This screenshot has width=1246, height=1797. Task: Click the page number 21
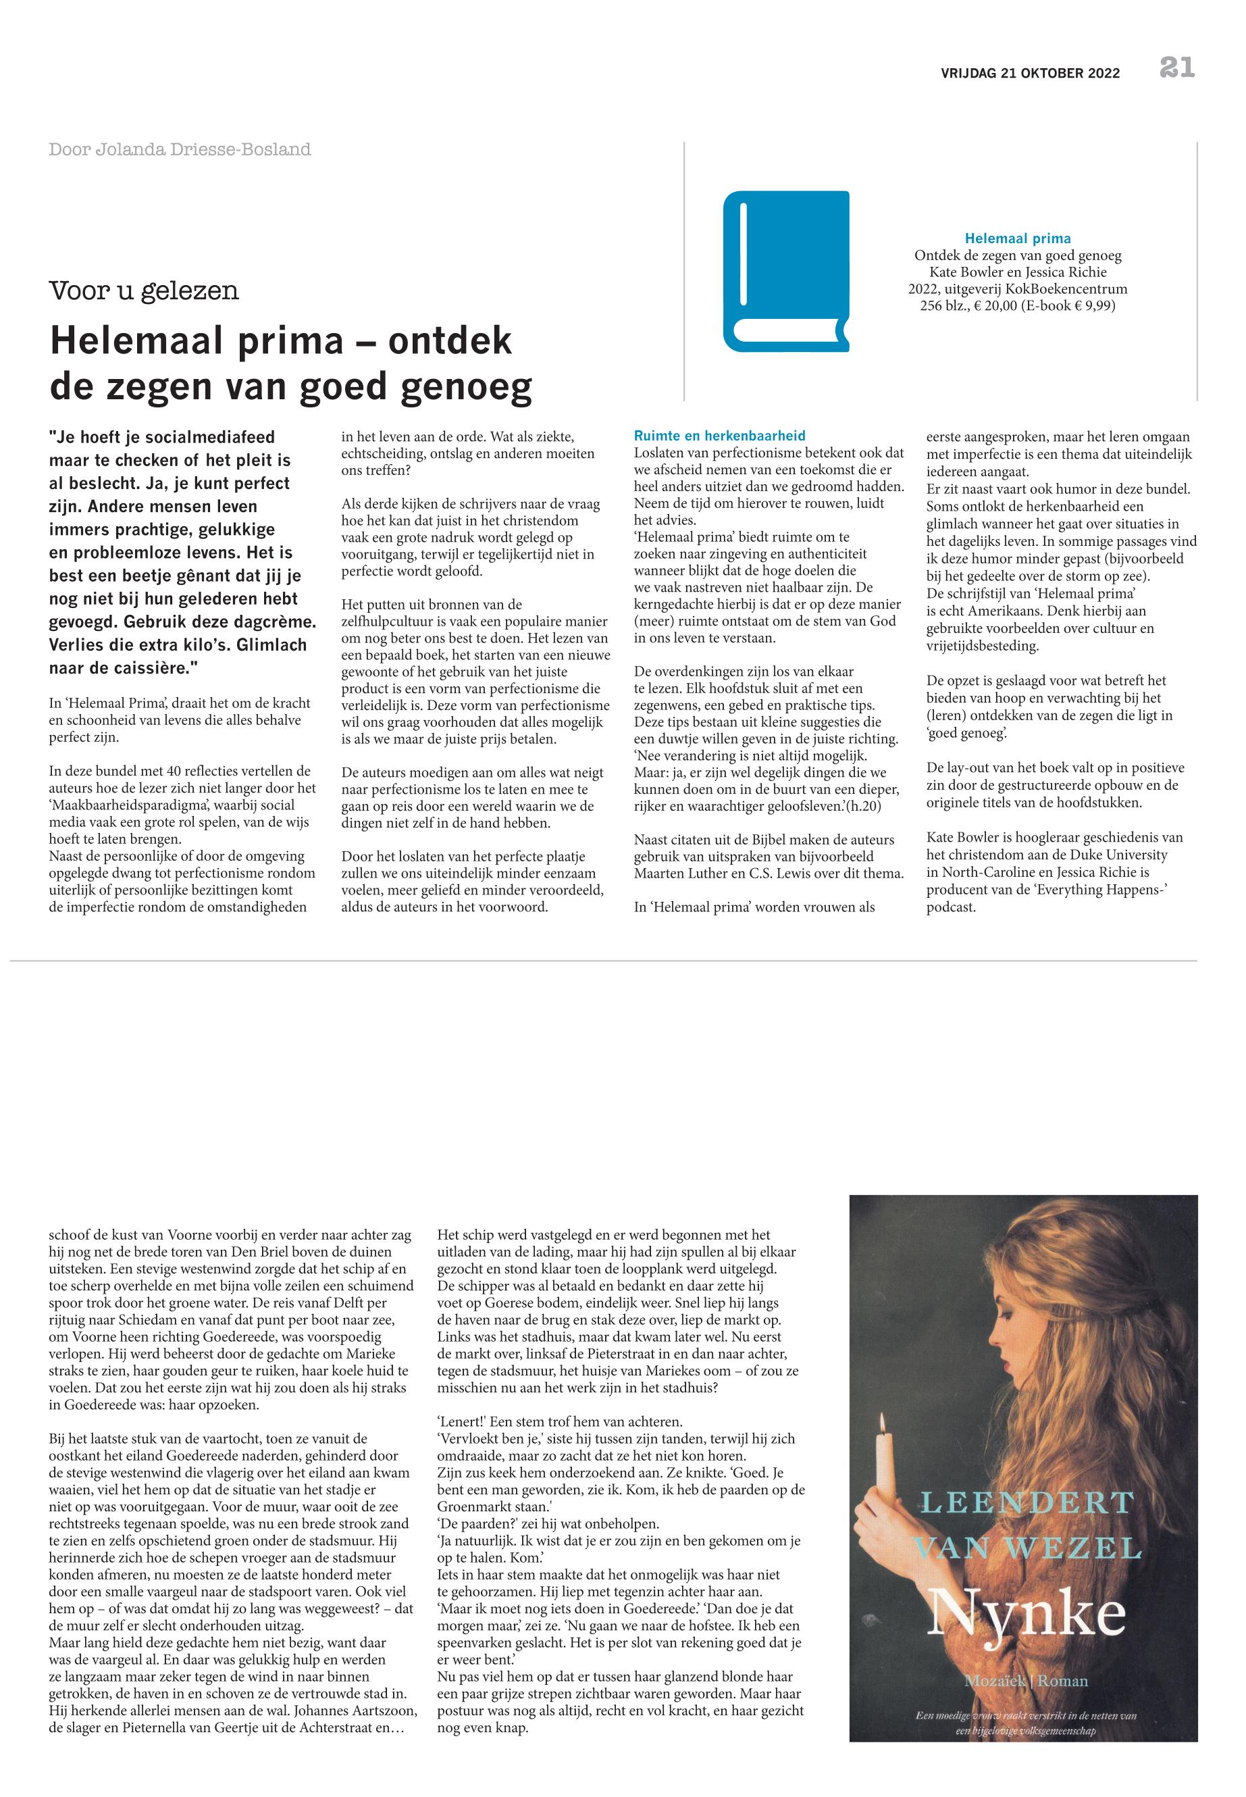coord(1176,68)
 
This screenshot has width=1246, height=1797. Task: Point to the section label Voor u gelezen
coord(144,290)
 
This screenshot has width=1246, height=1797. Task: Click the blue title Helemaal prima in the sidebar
coord(1017,238)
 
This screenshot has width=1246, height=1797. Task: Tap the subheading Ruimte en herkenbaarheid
coord(719,436)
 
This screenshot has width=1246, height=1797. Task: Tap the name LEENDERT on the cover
coord(1026,1502)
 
